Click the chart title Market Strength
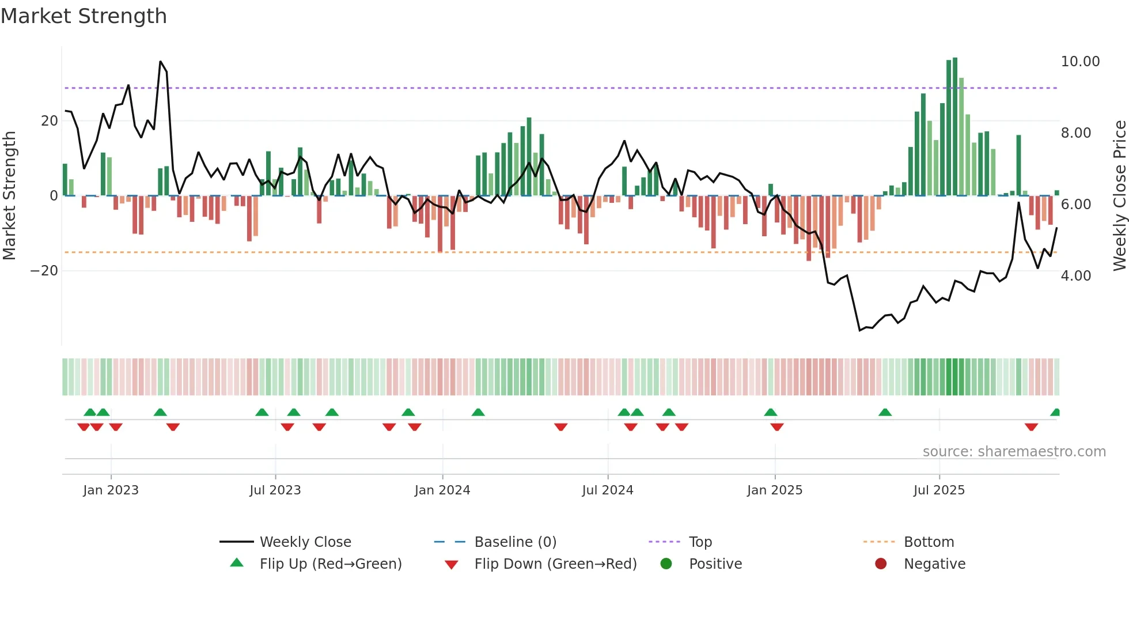click(x=84, y=16)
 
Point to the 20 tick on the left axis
click(x=50, y=121)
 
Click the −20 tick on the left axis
click(x=44, y=271)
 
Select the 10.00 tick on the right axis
click(x=1080, y=62)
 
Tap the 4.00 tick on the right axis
click(x=1075, y=276)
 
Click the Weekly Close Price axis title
click(x=1119, y=195)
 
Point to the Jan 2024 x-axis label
click(x=442, y=490)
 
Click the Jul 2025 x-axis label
click(x=938, y=490)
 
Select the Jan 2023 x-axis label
click(x=111, y=490)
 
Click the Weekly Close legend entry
click(x=305, y=542)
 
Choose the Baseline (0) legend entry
click(x=515, y=542)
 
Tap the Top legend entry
click(x=700, y=542)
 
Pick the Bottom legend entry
click(x=929, y=542)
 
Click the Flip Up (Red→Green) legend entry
click(x=330, y=564)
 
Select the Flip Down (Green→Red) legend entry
click(x=555, y=564)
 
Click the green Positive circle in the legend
click(x=666, y=564)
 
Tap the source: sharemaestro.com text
click(x=1014, y=452)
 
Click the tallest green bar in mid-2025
click(x=955, y=127)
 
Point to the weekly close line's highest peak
click(x=161, y=62)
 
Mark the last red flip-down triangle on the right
click(x=1031, y=427)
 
